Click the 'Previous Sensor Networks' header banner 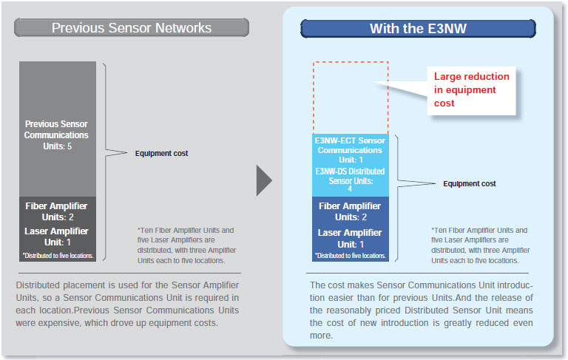[132, 28]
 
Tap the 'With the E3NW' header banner [418, 29]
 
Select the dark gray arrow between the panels [264, 180]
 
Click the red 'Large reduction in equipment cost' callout [471, 90]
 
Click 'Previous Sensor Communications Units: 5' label [56, 135]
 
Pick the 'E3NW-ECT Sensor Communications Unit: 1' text [350, 150]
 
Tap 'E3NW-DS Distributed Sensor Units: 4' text [350, 180]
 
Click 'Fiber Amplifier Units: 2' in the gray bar [56, 211]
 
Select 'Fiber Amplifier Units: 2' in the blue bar [350, 211]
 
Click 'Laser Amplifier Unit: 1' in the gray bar [56, 237]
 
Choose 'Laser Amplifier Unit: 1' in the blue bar [350, 238]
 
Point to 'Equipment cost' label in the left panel [161, 153]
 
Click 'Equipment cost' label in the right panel [470, 183]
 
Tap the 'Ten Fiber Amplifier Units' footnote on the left [186, 245]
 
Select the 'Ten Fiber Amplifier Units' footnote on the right [480, 245]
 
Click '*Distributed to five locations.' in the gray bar [58, 256]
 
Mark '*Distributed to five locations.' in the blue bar [351, 256]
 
